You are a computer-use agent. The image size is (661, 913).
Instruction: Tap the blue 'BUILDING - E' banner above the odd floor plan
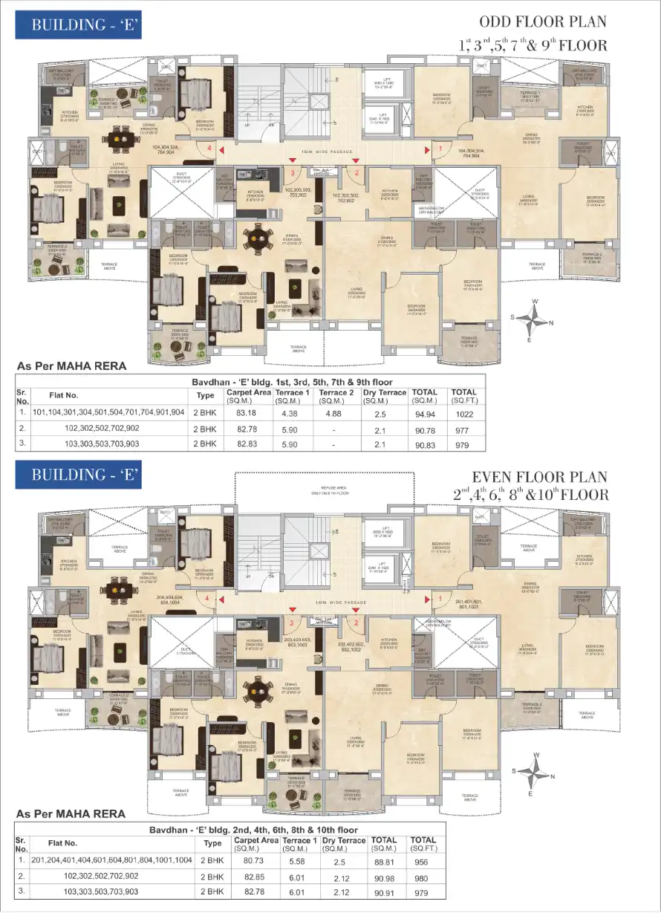78,25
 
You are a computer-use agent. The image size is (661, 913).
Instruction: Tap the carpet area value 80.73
252,860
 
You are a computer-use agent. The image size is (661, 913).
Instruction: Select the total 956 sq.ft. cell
423,860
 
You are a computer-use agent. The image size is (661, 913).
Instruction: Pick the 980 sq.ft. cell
423,876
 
